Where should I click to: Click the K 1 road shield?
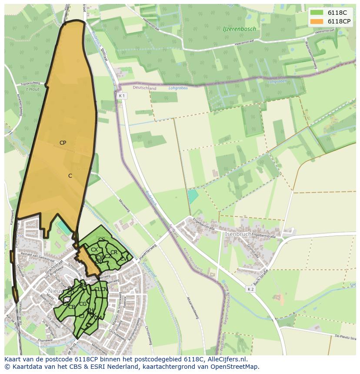122,96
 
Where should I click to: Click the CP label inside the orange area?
63,143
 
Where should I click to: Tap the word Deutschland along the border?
144,88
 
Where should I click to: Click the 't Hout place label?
32,89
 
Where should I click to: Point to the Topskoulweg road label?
30,83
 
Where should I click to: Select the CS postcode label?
102,240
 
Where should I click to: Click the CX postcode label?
94,250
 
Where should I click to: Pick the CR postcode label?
114,252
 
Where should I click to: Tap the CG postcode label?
83,304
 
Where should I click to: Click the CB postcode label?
72,307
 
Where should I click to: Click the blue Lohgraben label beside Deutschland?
177,88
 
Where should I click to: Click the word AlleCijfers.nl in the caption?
227,360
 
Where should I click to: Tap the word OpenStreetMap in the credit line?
235,367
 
